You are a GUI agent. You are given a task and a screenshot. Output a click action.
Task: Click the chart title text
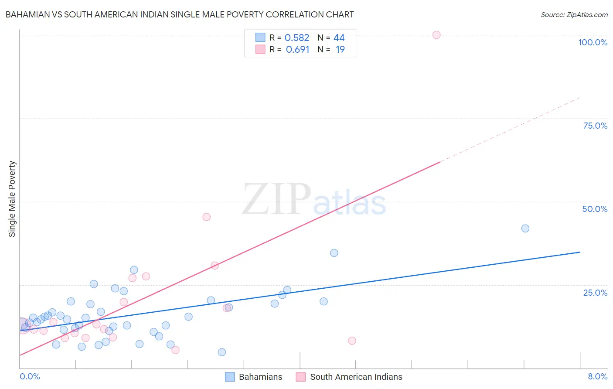179,14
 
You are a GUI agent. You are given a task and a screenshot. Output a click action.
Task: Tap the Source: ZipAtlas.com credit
574,14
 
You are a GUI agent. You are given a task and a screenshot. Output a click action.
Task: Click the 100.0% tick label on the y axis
593,42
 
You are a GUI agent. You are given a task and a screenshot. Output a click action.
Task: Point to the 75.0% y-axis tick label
595,126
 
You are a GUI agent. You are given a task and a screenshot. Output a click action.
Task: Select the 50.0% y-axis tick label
595,209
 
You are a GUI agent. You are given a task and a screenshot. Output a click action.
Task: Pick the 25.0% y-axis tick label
595,292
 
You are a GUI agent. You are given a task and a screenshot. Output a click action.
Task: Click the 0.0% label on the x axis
30,376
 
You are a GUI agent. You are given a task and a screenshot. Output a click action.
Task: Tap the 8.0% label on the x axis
597,376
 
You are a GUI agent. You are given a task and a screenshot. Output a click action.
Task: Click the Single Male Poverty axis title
12,199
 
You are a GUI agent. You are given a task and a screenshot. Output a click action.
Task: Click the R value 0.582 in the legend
297,38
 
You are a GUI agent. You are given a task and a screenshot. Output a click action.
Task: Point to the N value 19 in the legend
340,50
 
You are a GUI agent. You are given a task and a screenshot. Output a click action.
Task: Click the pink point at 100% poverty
436,35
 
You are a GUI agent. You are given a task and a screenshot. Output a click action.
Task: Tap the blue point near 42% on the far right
525,229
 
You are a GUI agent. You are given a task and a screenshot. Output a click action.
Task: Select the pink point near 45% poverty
207,217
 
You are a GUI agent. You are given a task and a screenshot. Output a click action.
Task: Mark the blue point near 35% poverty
334,253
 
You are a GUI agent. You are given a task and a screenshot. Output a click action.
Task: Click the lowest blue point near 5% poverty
222,352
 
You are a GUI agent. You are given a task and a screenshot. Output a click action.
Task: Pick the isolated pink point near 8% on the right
352,341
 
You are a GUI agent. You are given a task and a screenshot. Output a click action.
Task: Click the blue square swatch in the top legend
260,38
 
